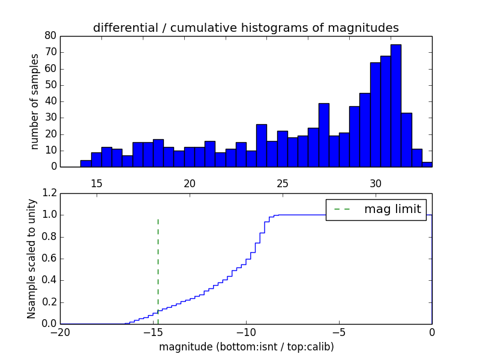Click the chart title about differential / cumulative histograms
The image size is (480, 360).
coord(245,28)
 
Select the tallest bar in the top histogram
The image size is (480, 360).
coord(395,106)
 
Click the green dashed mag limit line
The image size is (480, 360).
coord(158,264)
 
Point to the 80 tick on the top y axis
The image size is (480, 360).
coord(50,36)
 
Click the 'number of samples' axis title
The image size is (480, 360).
coord(35,101)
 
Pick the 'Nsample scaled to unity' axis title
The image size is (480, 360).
coord(31,259)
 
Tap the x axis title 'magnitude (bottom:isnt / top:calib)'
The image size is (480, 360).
coord(246,347)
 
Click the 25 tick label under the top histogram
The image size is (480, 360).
coord(283,184)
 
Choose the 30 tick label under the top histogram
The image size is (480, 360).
coord(376,184)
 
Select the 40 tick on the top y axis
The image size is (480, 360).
coord(50,101)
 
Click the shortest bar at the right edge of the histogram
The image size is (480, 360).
coord(427,164)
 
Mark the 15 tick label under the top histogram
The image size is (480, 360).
coord(97,184)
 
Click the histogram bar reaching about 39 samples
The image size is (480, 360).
coord(323,135)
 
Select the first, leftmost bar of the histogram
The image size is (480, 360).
coord(86,164)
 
